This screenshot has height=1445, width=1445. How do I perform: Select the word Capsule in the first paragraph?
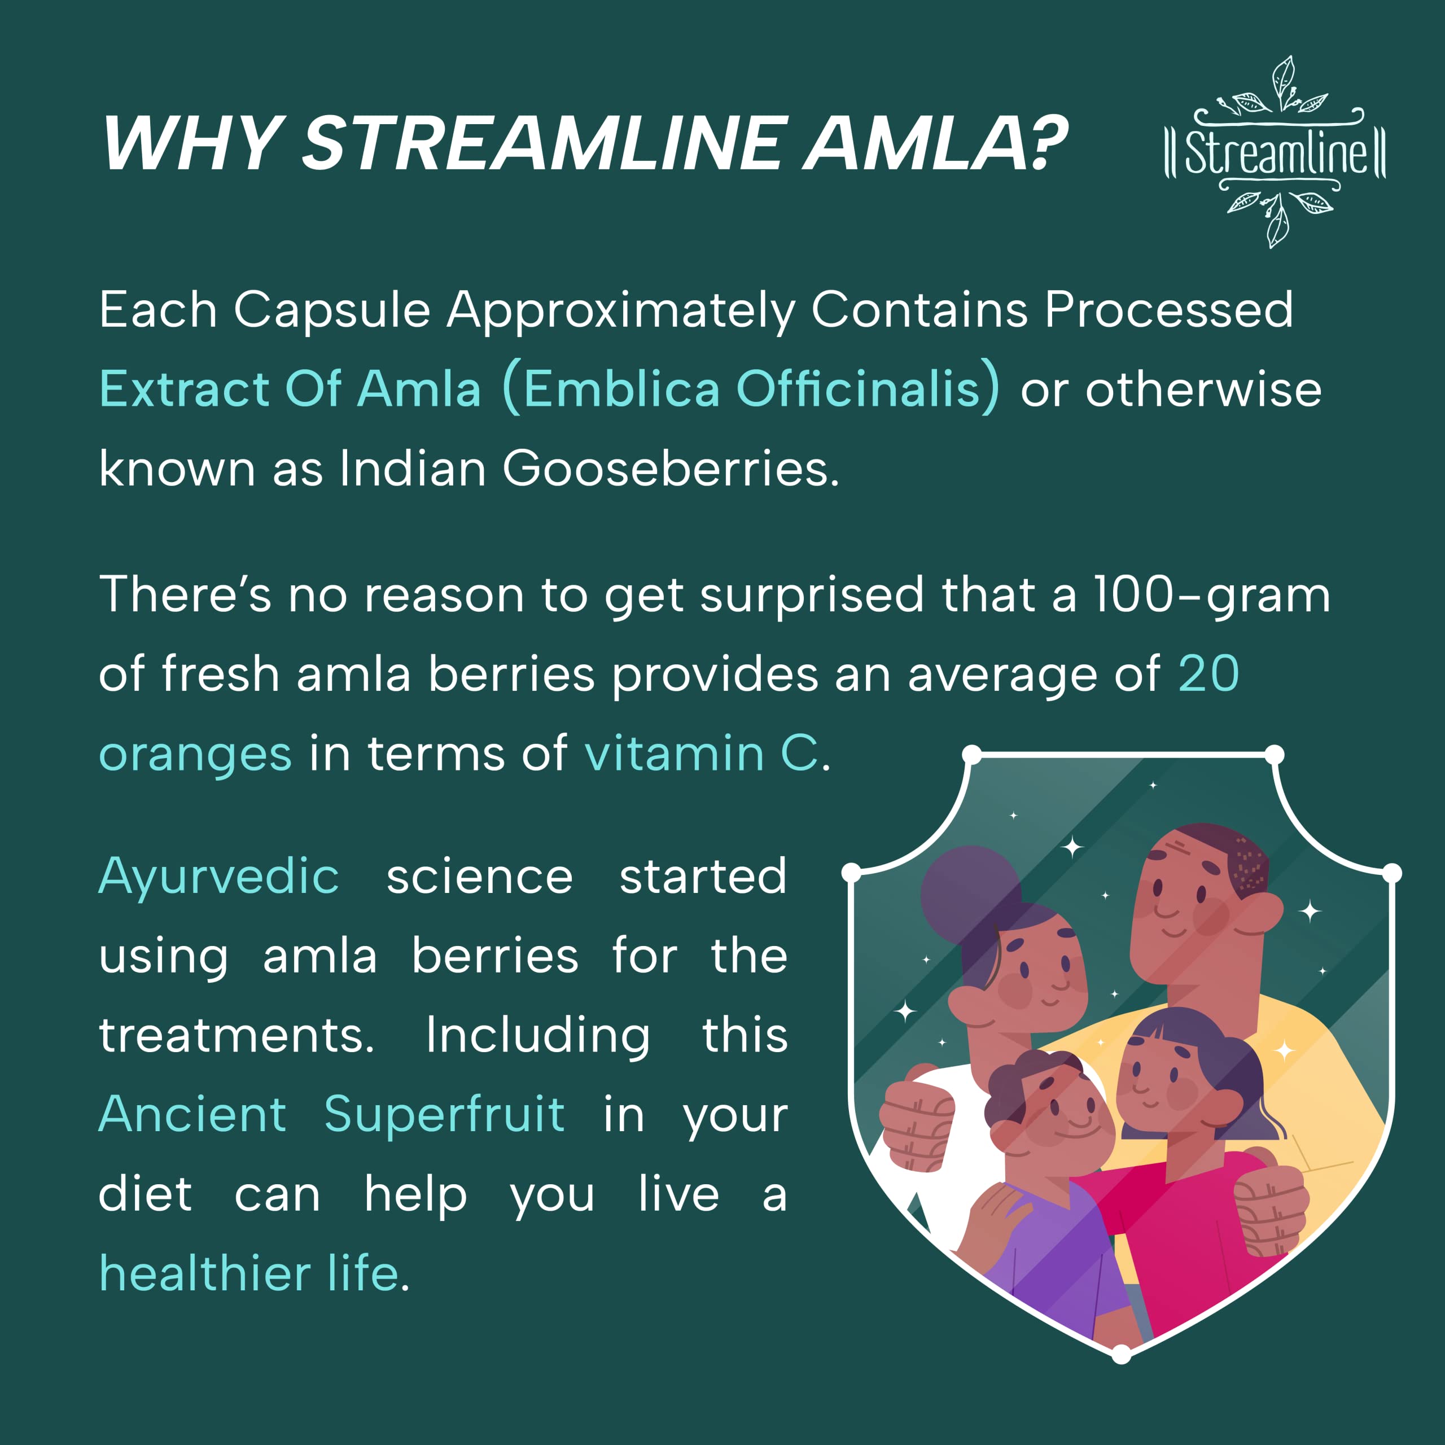332,311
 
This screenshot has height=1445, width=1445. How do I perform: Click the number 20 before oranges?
1208,674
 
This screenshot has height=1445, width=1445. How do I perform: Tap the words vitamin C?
702,752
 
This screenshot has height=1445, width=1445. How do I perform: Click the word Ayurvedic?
218,877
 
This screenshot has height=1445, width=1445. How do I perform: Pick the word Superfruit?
444,1114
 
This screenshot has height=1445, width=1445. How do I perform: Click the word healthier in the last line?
205,1273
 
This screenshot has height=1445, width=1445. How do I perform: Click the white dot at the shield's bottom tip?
1121,1354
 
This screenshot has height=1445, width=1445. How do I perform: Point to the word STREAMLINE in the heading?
545,143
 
